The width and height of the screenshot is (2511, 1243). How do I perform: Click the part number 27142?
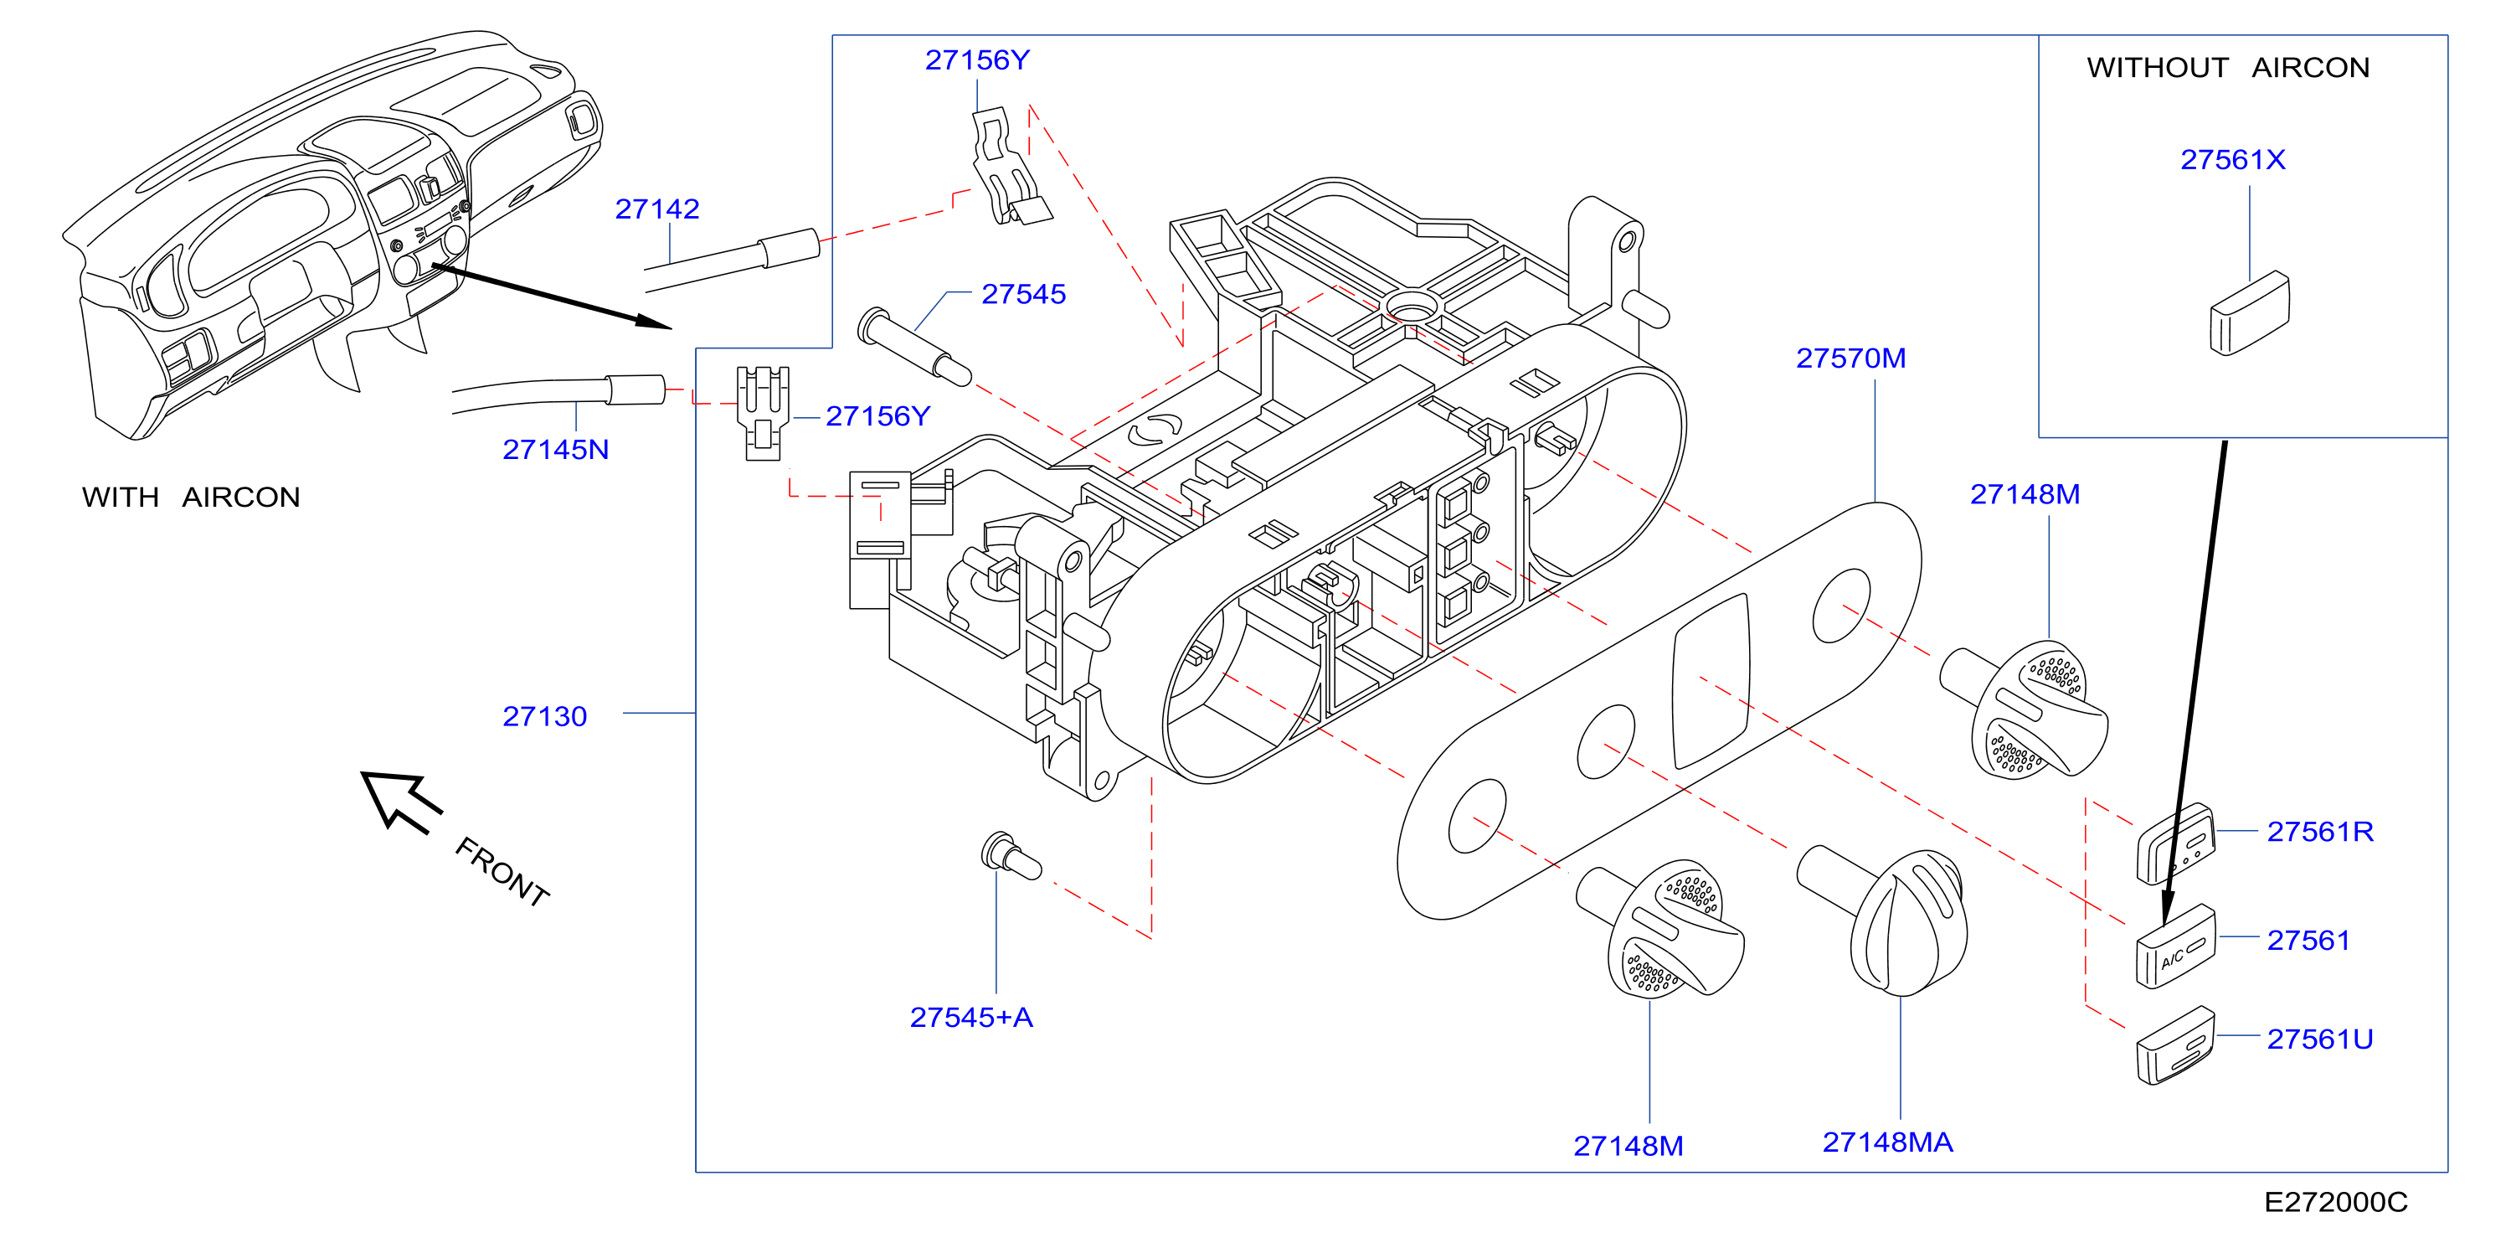657,209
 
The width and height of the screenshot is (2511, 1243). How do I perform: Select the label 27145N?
556,450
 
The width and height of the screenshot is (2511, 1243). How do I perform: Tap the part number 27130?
544,716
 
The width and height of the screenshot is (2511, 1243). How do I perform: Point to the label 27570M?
1851,358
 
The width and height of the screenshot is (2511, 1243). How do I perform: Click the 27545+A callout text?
971,1017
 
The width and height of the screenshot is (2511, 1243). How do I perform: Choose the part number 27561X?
2232,160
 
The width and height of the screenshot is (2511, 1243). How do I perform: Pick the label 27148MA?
1887,1142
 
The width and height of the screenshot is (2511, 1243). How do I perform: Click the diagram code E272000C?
2335,1202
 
